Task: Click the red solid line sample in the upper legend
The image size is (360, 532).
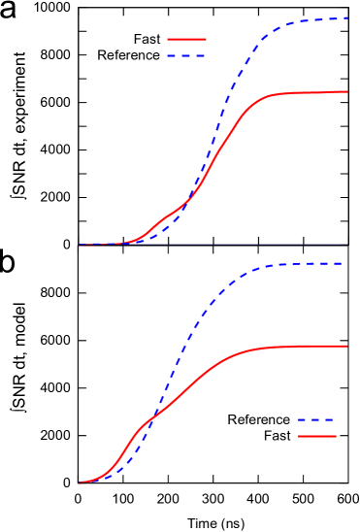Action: click(x=186, y=40)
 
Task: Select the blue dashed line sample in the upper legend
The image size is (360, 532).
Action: click(x=186, y=56)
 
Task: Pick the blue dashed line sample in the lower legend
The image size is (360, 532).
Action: click(x=316, y=420)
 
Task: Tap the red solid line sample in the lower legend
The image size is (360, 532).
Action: click(x=316, y=437)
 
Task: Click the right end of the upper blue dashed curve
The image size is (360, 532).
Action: click(x=347, y=18)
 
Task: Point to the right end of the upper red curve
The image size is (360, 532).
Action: click(x=347, y=92)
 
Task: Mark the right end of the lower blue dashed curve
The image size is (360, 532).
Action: click(x=341, y=264)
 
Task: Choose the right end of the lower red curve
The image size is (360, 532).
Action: click(x=347, y=346)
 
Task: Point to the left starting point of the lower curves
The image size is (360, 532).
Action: click(x=80, y=482)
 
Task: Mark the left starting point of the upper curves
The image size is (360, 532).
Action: click(x=80, y=246)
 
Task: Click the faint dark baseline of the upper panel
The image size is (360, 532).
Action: click(x=272, y=246)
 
